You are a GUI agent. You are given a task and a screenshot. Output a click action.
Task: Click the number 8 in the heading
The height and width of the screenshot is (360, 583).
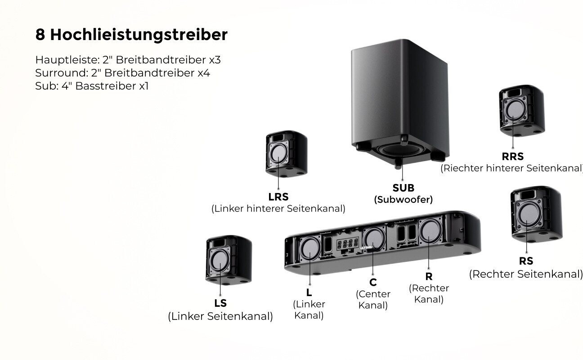pos(40,35)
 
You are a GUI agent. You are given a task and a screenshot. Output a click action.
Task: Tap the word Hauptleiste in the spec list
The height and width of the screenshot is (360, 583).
pos(65,60)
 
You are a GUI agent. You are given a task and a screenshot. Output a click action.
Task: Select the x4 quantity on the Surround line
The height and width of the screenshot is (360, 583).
pos(203,72)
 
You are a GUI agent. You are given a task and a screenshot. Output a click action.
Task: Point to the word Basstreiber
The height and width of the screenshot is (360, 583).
pos(106,85)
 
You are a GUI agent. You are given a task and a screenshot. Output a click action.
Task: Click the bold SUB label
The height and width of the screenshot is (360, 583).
pos(403,188)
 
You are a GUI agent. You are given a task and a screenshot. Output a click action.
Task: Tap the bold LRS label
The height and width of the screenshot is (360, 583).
pos(278,197)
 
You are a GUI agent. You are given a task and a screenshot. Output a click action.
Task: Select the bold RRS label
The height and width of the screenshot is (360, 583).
pos(512,157)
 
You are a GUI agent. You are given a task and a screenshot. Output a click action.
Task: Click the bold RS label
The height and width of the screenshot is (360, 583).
pos(525,261)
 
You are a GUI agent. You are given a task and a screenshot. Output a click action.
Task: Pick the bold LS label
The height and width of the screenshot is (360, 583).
pos(220,303)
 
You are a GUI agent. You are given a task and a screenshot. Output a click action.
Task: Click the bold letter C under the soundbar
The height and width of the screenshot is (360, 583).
pos(373,282)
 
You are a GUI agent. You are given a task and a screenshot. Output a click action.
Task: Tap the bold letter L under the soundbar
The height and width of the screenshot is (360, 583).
pos(309,292)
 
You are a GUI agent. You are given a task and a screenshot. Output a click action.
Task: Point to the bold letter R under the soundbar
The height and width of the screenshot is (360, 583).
pos(429,276)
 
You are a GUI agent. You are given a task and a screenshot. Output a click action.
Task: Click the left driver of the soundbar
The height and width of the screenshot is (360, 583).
pos(309,248)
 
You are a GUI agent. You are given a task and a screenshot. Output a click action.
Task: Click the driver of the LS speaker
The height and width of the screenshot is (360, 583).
pos(220,261)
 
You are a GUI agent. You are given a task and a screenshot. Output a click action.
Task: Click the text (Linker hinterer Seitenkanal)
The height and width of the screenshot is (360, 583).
pos(278,209)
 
